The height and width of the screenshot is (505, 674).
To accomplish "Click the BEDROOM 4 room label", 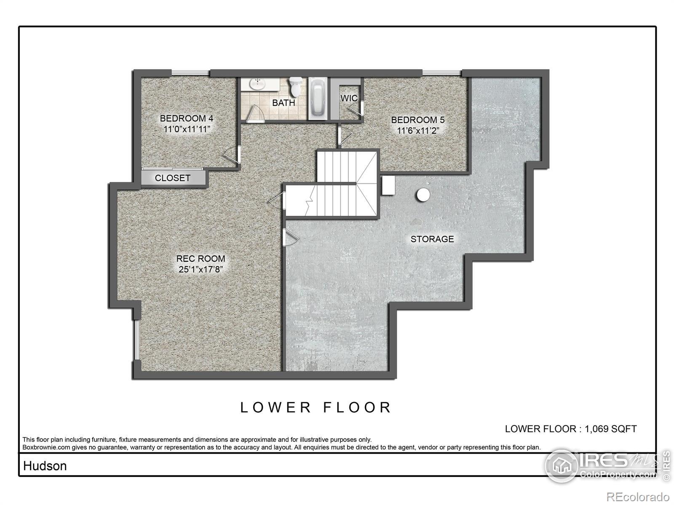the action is coord(186,118).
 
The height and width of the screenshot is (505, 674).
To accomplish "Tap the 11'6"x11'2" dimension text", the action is coord(417,130).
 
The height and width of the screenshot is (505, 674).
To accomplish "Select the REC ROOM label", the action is coord(201,258).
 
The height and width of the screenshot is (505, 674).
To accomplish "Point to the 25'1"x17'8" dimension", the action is coord(201,269).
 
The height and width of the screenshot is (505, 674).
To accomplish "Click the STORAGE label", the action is coord(432,239).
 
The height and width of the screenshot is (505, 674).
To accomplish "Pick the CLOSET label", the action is coord(173,178).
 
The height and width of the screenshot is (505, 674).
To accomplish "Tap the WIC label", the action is coord(349,98).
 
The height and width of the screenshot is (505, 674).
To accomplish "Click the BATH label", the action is coord(284,103).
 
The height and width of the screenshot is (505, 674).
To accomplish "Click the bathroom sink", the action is coord(258,83).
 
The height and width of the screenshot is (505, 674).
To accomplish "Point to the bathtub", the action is coord(318,98).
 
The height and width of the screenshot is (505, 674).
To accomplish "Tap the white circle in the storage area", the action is coord(423,194).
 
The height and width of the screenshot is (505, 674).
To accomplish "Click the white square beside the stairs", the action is coord(388,185).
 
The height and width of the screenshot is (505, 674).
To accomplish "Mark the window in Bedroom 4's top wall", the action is coord(190,73).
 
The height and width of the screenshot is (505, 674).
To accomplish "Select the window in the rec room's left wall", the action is coord(136,340).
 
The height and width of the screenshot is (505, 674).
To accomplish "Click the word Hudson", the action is coord(45,466).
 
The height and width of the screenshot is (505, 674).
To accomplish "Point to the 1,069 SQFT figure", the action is coord(611,429).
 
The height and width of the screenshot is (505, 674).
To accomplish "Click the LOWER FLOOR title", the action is coord(316,407).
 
